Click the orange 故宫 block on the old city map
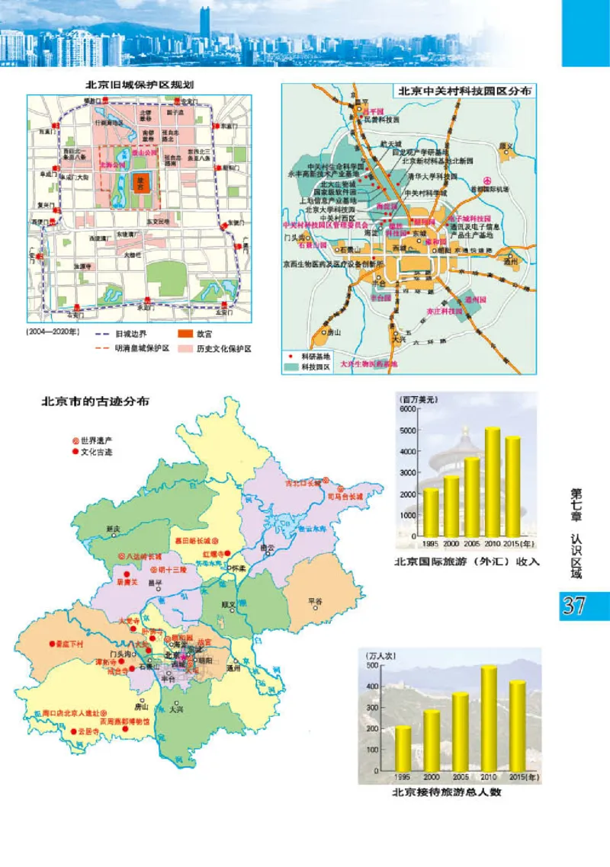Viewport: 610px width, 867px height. click(140, 182)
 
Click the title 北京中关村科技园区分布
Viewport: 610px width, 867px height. click(464, 90)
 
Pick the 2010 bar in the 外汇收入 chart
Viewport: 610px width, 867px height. click(493, 483)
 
